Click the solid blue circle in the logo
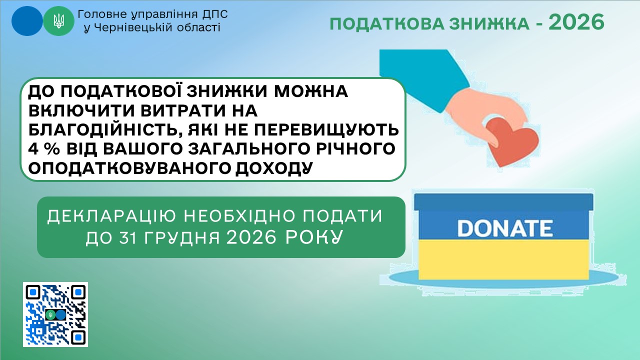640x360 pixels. click(x=27, y=21)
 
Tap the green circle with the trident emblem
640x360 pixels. click(x=58, y=21)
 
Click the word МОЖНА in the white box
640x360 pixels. click(x=311, y=91)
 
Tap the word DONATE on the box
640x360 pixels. click(x=505, y=228)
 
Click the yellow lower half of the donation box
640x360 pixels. click(x=503, y=259)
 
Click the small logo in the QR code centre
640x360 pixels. click(x=55, y=314)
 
